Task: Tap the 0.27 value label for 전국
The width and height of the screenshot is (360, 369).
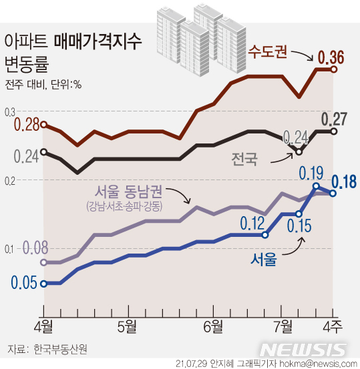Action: [x=334, y=119]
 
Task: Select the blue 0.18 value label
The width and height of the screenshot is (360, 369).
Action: [x=345, y=181]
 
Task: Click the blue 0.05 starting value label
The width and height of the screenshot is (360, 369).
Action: [x=23, y=283]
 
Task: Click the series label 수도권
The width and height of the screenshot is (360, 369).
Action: [x=267, y=51]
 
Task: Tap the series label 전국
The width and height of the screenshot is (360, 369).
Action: [x=244, y=159]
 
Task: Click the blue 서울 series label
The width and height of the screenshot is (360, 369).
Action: [x=265, y=258]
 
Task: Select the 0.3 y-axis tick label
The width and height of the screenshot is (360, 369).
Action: [x=10, y=112]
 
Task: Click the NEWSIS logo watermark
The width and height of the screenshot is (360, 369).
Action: [x=303, y=350]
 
